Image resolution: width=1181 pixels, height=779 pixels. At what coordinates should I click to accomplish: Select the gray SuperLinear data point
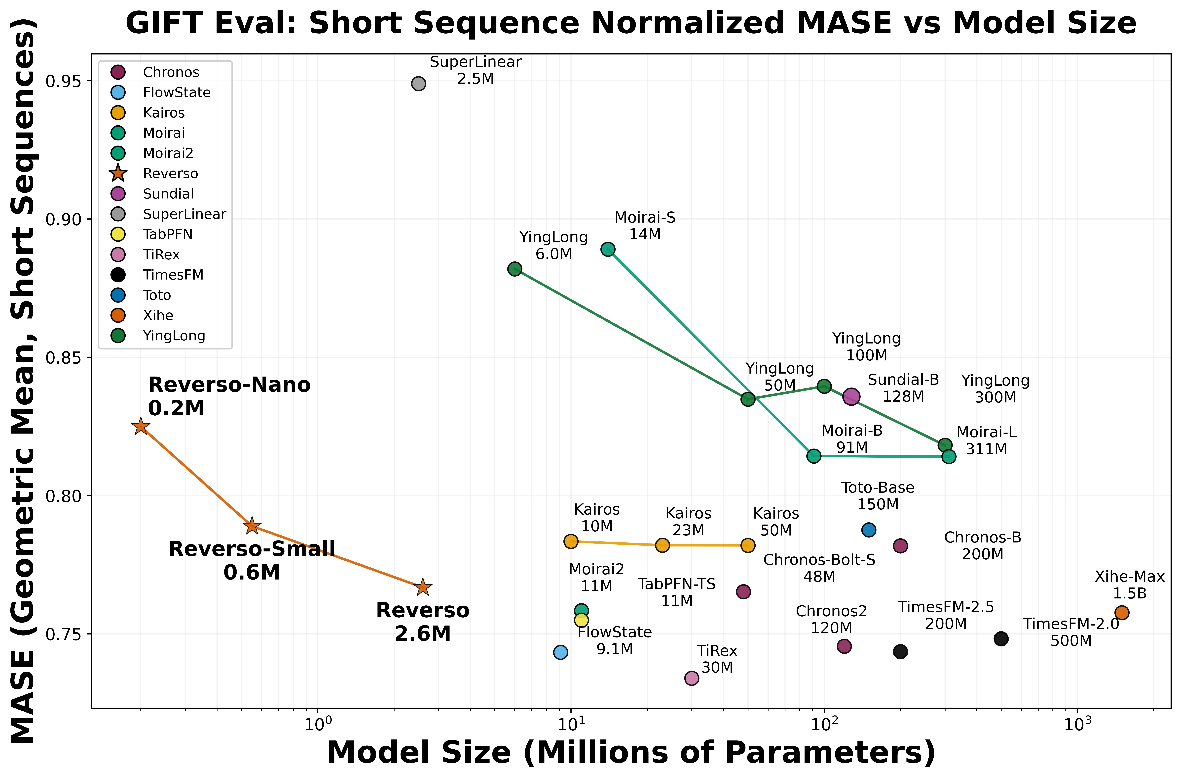[418, 83]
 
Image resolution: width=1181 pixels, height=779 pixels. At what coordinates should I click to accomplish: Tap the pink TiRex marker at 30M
[692, 678]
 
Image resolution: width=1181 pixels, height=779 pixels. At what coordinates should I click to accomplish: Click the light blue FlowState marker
[560, 652]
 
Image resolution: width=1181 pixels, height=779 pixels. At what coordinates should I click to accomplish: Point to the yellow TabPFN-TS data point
[581, 620]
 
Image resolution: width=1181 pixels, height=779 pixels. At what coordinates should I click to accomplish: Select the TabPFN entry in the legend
[167, 235]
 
